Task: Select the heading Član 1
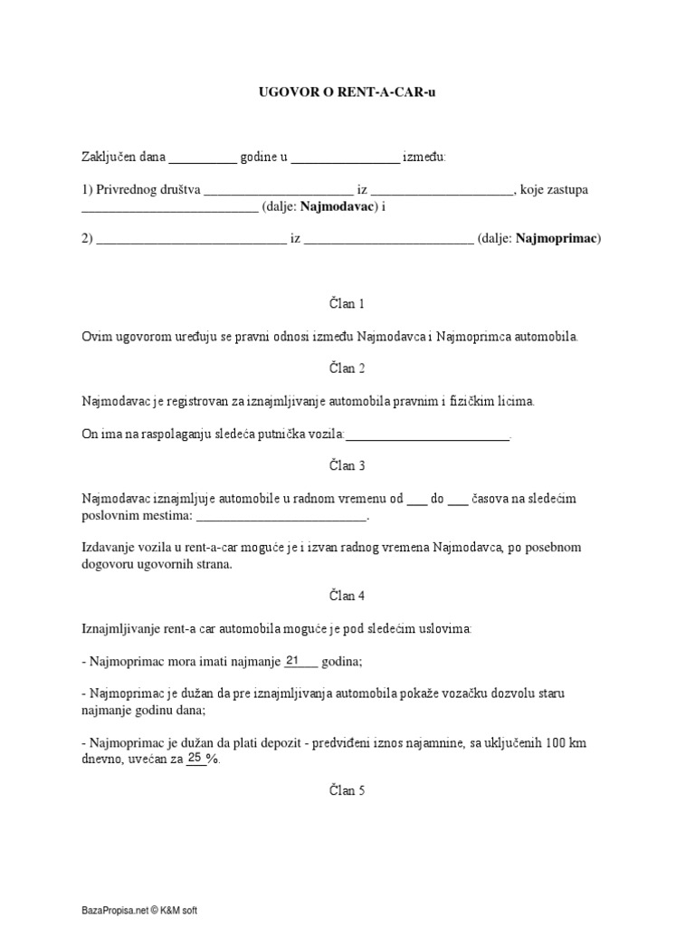click(347, 304)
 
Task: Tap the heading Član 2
click(347, 368)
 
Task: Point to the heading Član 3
click(347, 465)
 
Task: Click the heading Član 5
click(347, 790)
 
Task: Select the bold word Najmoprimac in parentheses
click(561, 239)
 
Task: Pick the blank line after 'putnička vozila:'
click(428, 435)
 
